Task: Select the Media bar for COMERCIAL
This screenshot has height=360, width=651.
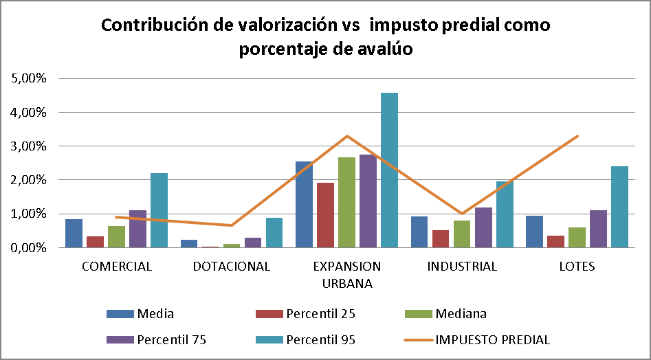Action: click(x=74, y=233)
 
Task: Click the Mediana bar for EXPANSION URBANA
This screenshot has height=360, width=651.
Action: click(x=346, y=202)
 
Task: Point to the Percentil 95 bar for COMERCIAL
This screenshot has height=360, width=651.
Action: click(x=159, y=210)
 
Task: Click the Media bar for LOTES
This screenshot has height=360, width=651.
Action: click(x=534, y=232)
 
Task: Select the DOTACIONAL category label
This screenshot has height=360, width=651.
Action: click(x=232, y=267)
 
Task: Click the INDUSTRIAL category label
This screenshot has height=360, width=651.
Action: click(x=462, y=267)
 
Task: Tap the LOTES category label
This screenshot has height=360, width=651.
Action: click(x=577, y=267)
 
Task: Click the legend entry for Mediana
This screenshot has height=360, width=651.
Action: click(x=461, y=314)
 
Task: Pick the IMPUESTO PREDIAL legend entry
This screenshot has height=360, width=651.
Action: click(x=493, y=339)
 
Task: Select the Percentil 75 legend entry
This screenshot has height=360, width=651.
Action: click(x=171, y=339)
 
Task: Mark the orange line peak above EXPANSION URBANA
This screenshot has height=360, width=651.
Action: click(x=347, y=136)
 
